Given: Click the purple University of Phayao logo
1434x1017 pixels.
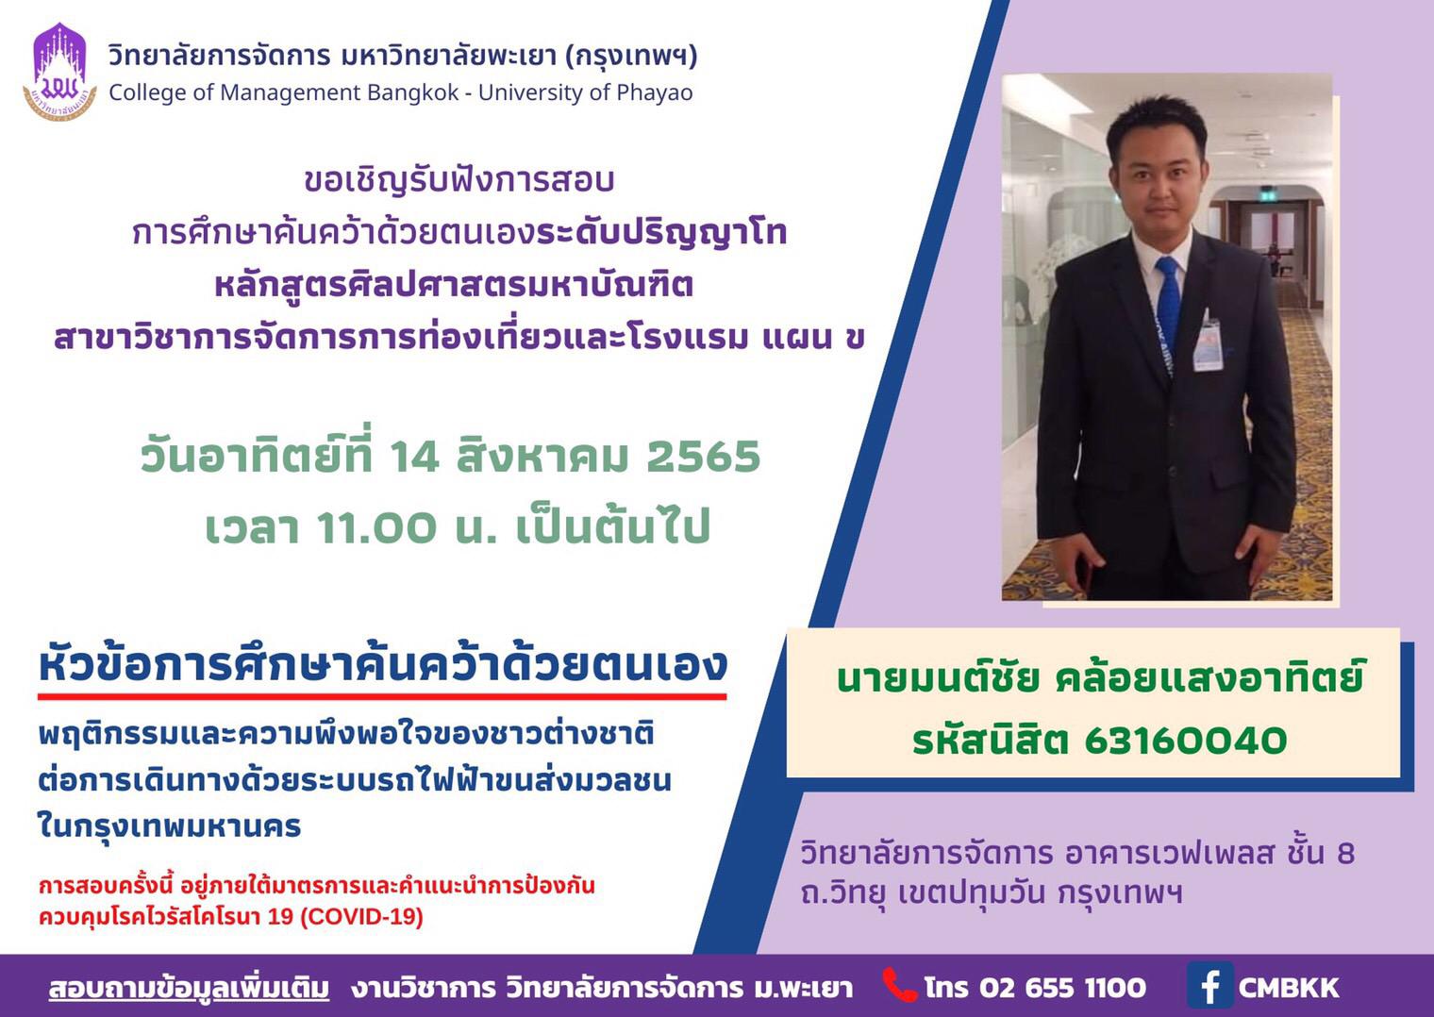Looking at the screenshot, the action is coord(59,72).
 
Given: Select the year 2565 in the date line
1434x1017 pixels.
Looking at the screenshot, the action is coord(703,457).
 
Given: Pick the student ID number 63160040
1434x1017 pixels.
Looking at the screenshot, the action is coord(1186,742).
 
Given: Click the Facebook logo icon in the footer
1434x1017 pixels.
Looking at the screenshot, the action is coord(1209,985).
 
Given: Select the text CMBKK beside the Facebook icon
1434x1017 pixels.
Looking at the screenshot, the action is coord(1289,988).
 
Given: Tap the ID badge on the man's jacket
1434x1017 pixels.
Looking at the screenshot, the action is coord(1208,342).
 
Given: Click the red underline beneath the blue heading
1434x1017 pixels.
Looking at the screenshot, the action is coord(382,696).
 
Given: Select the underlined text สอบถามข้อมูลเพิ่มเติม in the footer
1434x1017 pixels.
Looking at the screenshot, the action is coord(189,988).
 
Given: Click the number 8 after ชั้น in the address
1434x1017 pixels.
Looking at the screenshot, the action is coord(1346,853).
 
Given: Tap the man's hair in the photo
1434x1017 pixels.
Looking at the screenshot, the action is coord(1157,125).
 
